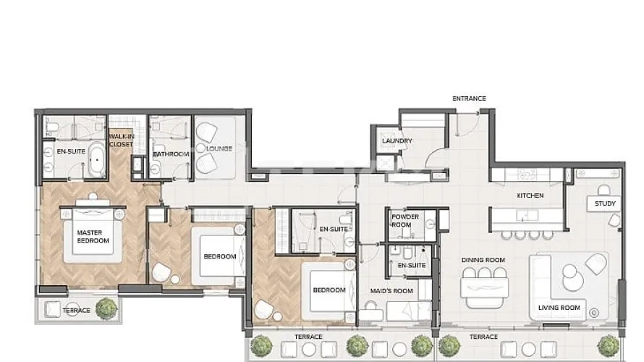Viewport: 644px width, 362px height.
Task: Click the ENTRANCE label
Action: tap(469, 98)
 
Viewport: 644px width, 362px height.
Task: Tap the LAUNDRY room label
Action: tap(397, 141)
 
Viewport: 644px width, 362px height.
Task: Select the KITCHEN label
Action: tap(530, 195)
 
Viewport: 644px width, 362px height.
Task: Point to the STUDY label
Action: tap(605, 203)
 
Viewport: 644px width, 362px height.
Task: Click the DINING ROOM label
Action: tap(483, 260)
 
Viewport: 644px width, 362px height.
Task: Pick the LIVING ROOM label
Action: tap(559, 308)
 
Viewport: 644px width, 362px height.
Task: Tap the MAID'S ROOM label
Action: tap(391, 291)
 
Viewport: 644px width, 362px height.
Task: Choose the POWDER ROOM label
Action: tap(405, 221)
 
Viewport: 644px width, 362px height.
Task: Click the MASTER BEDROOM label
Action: tap(93, 237)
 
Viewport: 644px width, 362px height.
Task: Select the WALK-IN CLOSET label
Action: tap(121, 140)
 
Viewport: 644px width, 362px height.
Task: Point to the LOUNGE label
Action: tap(219, 148)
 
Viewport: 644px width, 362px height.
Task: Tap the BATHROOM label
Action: tap(171, 154)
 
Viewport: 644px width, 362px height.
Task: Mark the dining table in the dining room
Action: tap(484, 287)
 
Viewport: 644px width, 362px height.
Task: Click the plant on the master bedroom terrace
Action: tap(106, 308)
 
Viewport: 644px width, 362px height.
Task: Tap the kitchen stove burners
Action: tap(526, 174)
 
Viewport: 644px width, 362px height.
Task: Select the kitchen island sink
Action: tap(527, 215)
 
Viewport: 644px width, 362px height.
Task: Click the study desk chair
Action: tap(603, 190)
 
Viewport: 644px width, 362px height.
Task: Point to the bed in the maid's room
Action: tap(409, 311)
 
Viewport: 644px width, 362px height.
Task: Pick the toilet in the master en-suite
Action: tap(49, 128)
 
